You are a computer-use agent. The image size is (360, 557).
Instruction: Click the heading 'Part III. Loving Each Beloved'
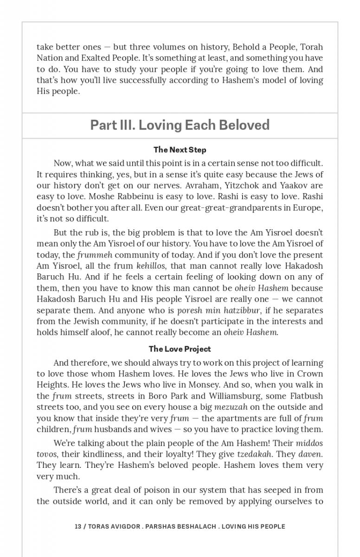[180, 125]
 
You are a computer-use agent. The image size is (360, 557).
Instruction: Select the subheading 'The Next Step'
[180, 150]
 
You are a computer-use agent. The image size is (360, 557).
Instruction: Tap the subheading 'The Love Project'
[180, 349]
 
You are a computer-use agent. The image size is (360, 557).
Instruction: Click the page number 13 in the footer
[78, 526]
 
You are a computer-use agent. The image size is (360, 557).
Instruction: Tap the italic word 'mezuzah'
[231, 407]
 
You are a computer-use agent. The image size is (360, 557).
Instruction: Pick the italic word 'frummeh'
[95, 255]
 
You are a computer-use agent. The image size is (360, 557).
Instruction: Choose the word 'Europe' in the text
[308, 207]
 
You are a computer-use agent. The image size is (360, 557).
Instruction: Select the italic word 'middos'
[309, 443]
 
